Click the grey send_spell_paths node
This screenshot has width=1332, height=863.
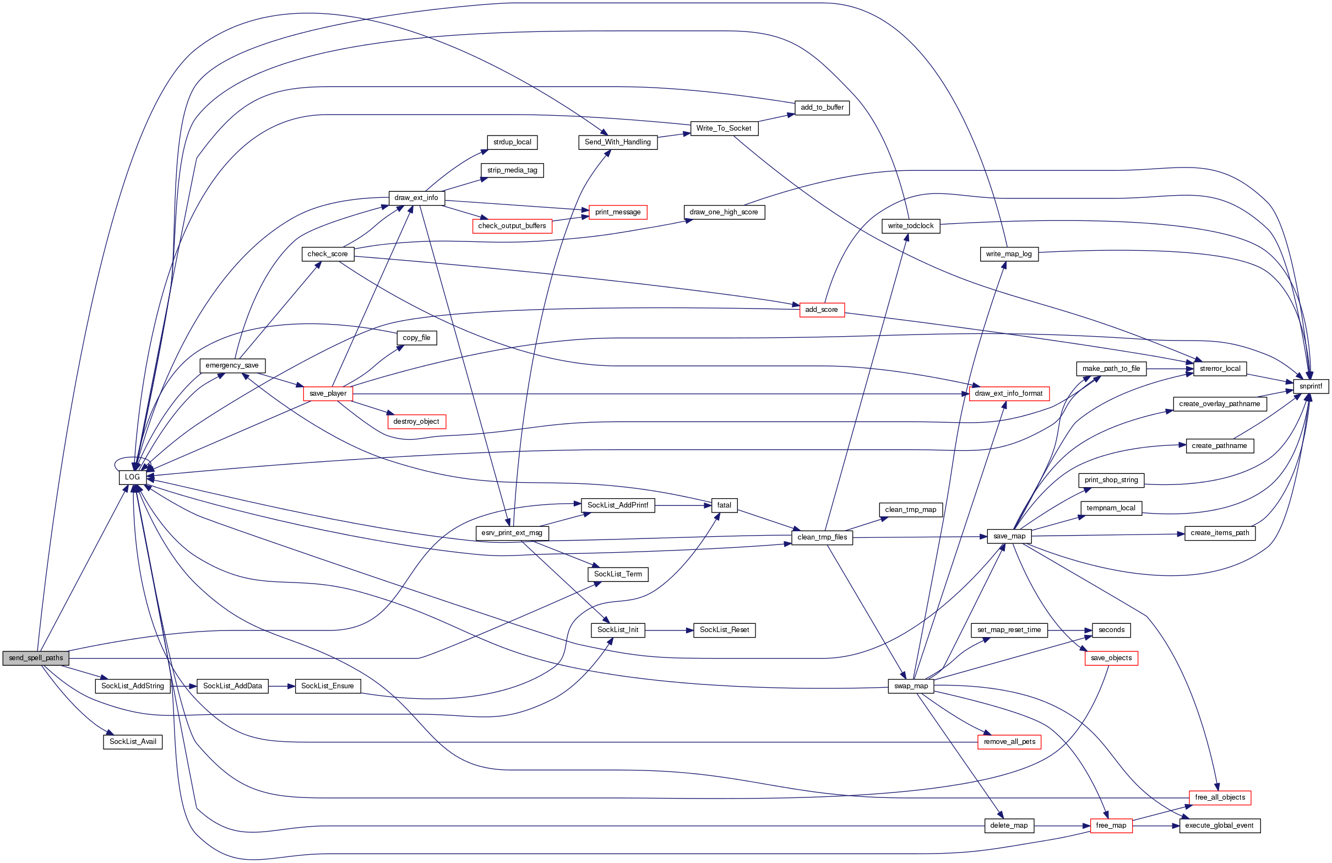pyautogui.click(x=36, y=658)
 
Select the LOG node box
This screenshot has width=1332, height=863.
pyautogui.click(x=133, y=477)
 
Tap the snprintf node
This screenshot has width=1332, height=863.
pyautogui.click(x=1310, y=386)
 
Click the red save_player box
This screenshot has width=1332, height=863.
pyautogui.click(x=328, y=393)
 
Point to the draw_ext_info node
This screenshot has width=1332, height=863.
pyautogui.click(x=416, y=198)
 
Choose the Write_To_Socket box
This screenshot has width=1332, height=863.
pyautogui.click(x=724, y=128)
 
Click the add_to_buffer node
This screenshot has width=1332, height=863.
pyautogui.click(x=822, y=107)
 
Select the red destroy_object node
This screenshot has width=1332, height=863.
pyautogui.click(x=416, y=422)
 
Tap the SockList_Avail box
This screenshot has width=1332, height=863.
pyautogui.click(x=133, y=742)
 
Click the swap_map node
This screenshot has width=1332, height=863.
pyautogui.click(x=911, y=686)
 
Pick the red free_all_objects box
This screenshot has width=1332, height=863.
pyautogui.click(x=1220, y=797)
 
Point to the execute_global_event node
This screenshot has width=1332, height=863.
pyautogui.click(x=1220, y=826)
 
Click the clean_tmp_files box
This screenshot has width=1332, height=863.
pyautogui.click(x=822, y=537)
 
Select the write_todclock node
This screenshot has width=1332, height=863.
pyautogui.click(x=911, y=226)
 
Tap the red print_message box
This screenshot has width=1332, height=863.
pyautogui.click(x=618, y=212)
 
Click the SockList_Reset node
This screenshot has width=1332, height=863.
pyautogui.click(x=724, y=630)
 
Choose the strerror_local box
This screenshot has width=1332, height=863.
pyautogui.click(x=1220, y=369)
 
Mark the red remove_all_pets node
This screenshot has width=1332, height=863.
pyautogui.click(x=1009, y=742)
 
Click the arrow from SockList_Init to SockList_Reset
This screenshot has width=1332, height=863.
pyautogui.click(x=669, y=630)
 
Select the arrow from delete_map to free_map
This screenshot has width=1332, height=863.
pyautogui.click(x=1062, y=826)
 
